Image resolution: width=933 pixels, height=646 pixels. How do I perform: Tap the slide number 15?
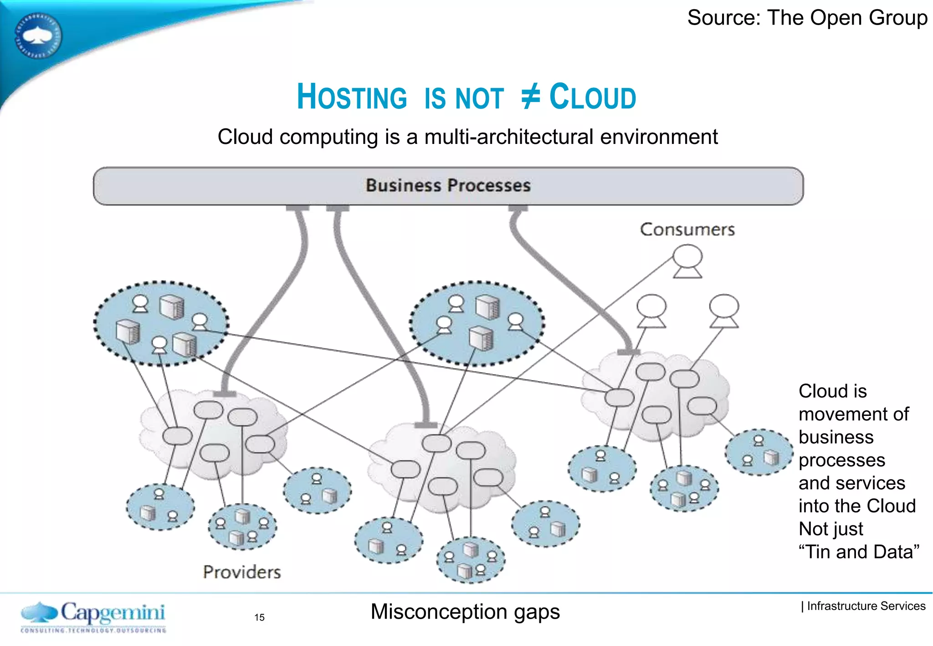259,617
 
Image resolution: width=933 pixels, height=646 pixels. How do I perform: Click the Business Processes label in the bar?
448,185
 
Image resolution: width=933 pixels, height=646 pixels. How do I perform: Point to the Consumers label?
687,230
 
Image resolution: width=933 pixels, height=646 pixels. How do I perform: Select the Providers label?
242,572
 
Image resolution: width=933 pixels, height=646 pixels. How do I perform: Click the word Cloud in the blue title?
593,97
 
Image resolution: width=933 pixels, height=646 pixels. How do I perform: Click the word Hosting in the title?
352,97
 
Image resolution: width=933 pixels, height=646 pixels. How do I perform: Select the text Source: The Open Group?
807,18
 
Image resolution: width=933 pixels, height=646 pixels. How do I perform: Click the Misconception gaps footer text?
465,612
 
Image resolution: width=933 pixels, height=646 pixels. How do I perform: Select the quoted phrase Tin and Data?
859,552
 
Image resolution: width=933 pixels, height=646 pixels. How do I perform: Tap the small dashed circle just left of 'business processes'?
759,452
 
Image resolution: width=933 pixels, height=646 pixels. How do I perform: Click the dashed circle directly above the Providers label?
242,527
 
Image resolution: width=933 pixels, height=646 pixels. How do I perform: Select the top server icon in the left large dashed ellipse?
172,307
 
